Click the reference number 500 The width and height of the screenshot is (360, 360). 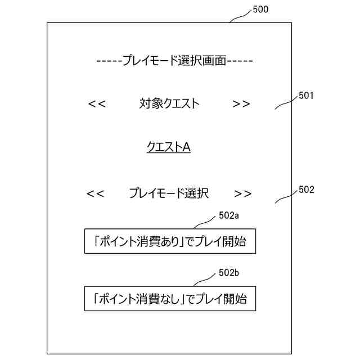[x=260, y=10]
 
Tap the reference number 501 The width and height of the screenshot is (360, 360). [x=306, y=96]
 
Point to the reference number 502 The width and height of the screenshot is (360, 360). [x=306, y=190]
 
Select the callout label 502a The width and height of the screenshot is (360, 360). [x=229, y=215]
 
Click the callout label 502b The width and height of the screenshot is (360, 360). [x=229, y=273]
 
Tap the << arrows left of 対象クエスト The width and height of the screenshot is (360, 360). [x=97, y=103]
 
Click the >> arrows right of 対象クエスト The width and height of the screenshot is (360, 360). [x=241, y=103]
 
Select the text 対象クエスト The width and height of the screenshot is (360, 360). [x=169, y=103]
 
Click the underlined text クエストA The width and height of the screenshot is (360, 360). [x=169, y=147]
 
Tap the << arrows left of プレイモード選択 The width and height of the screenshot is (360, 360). [x=95, y=193]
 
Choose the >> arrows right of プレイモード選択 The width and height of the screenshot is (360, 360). [x=243, y=193]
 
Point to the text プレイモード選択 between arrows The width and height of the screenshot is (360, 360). [x=169, y=193]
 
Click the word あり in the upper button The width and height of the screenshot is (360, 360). [x=168, y=242]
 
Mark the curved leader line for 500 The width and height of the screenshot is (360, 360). [x=241, y=16]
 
